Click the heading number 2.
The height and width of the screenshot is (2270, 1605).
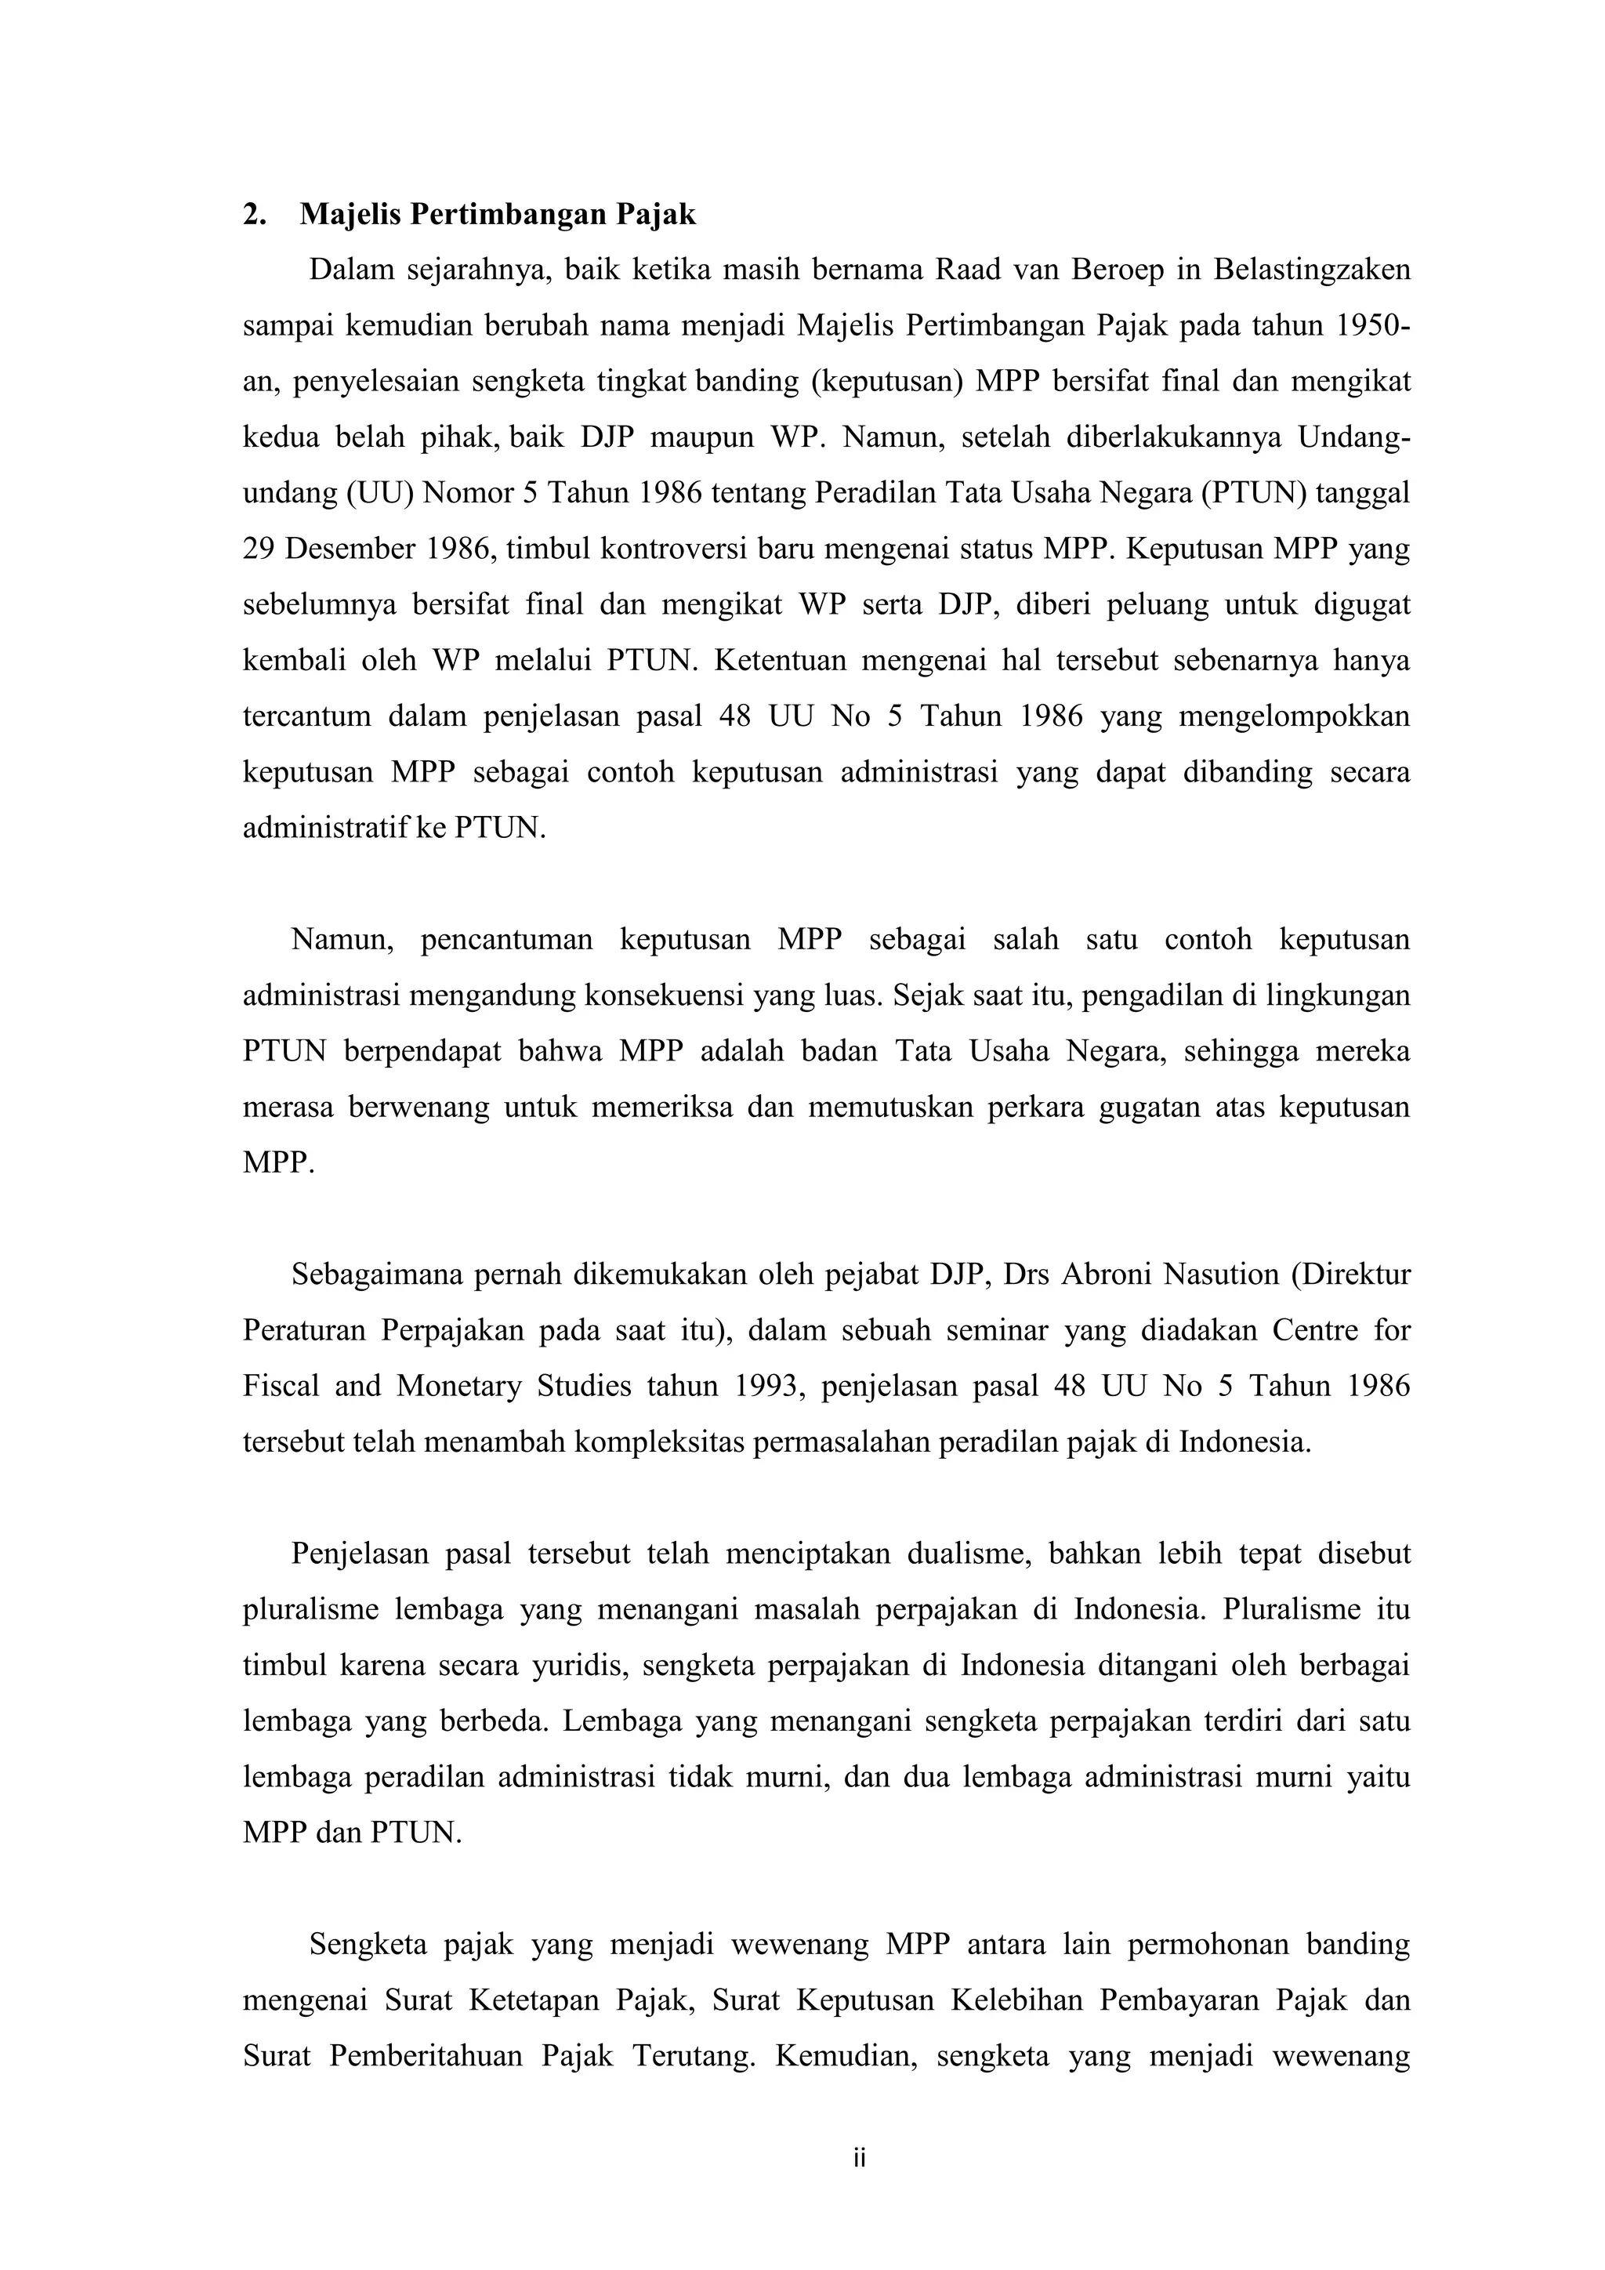253,215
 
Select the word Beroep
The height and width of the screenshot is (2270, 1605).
1117,270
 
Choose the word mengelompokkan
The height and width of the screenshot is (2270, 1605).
1294,716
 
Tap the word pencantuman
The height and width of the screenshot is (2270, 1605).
506,939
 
